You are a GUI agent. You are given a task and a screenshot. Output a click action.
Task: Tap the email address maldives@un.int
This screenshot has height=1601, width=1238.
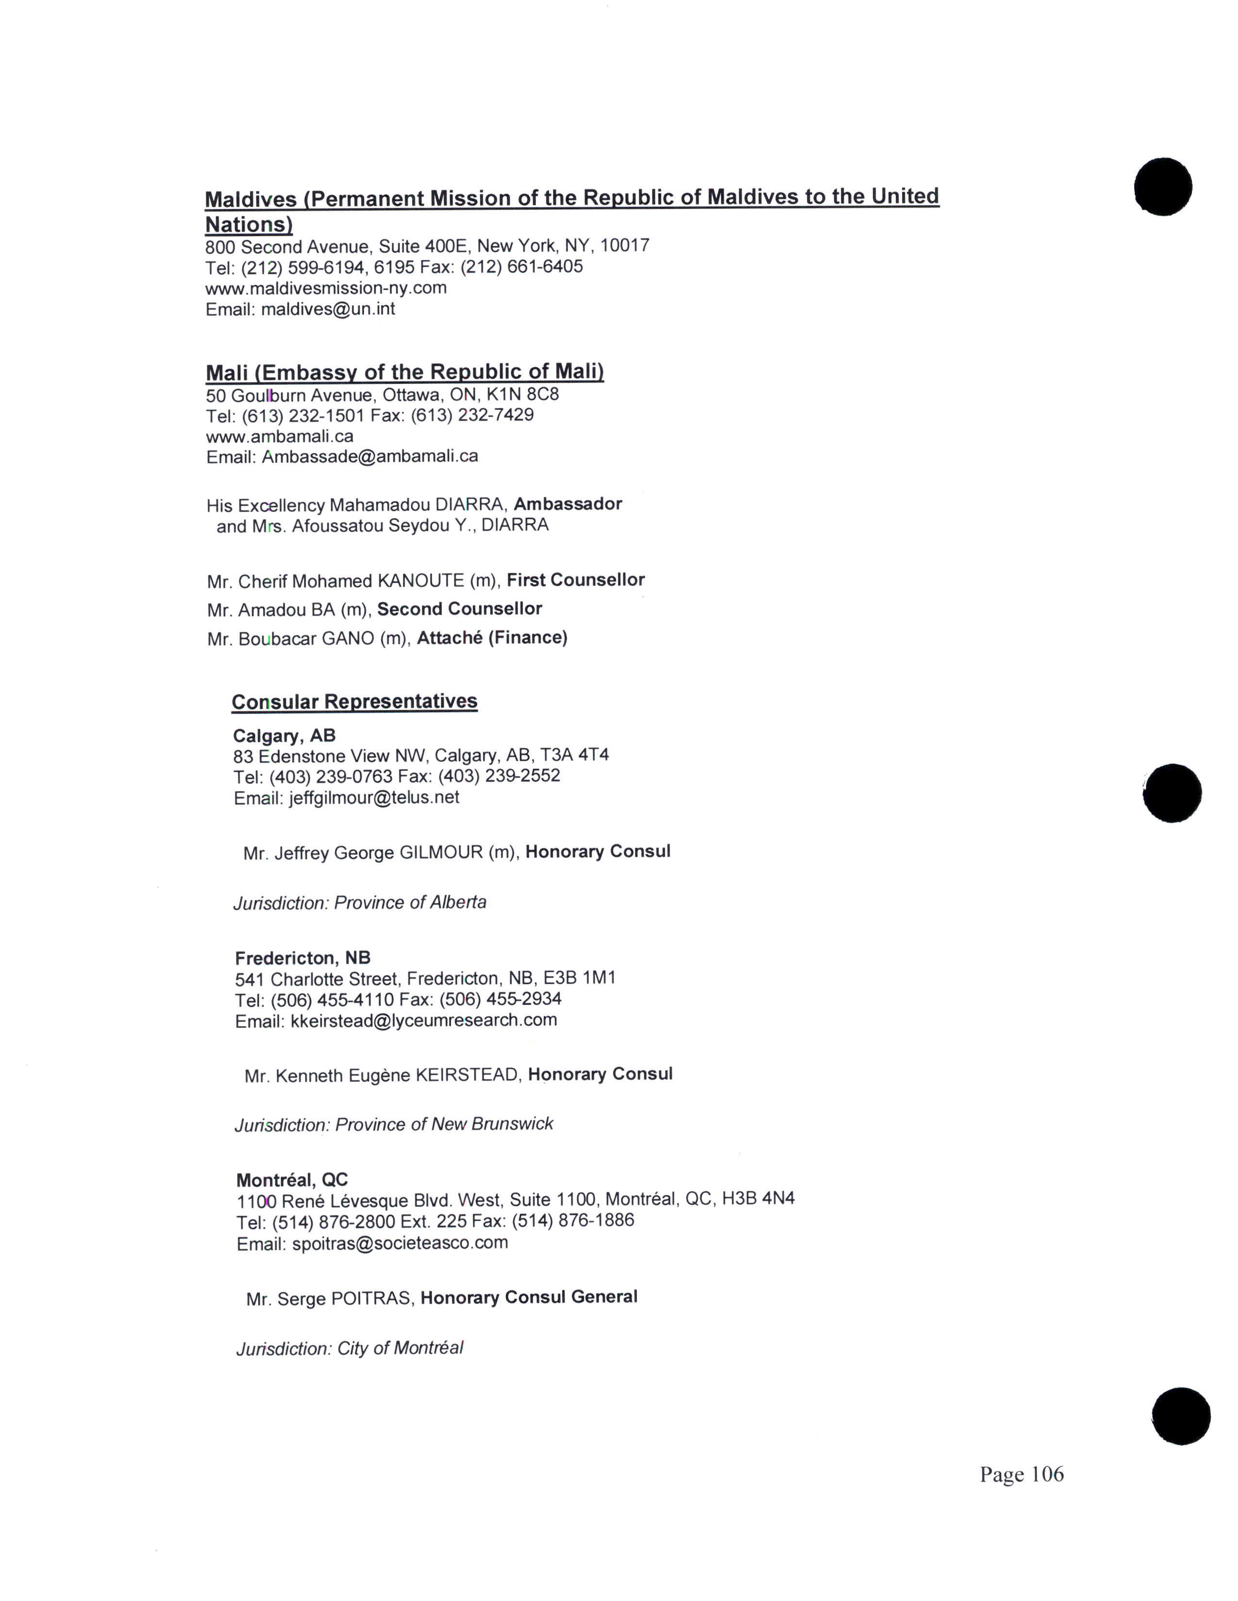[328, 310]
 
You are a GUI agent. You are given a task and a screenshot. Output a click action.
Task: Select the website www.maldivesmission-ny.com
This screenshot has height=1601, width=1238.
[326, 288]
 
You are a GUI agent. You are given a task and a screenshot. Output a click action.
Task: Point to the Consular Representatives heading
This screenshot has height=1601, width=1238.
[354, 702]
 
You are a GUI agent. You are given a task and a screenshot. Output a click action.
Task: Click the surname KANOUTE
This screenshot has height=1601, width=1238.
[421, 581]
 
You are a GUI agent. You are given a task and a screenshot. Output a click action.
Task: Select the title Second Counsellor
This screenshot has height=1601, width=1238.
[459, 609]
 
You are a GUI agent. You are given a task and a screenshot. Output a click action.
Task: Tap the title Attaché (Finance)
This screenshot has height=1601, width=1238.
[492, 638]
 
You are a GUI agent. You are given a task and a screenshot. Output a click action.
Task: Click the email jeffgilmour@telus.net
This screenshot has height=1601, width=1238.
[374, 798]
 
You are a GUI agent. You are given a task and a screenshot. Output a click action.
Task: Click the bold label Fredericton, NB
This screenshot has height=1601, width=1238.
[302, 958]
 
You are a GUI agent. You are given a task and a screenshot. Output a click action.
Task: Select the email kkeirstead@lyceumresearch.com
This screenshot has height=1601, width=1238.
[424, 1020]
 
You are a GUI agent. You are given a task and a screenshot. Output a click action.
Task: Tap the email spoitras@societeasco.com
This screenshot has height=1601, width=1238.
[400, 1243]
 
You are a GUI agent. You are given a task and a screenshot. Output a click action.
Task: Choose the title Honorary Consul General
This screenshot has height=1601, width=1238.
[529, 1297]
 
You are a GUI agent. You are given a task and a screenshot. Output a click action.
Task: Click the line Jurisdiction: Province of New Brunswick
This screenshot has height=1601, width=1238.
[394, 1125]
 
